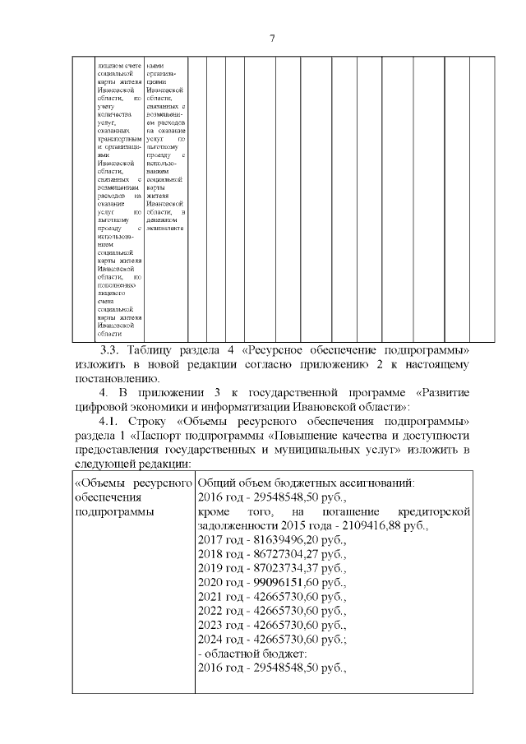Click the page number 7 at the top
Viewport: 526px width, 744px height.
271,38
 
